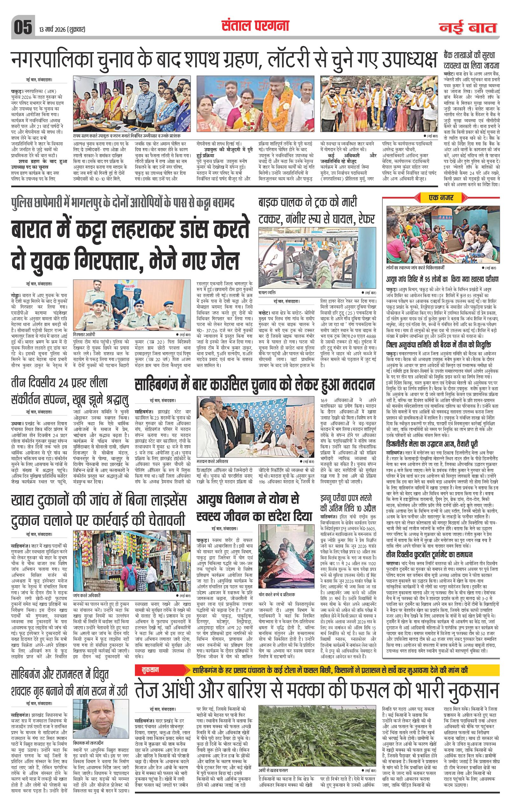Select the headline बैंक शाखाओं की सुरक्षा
471,61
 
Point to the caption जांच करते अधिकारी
86,595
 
